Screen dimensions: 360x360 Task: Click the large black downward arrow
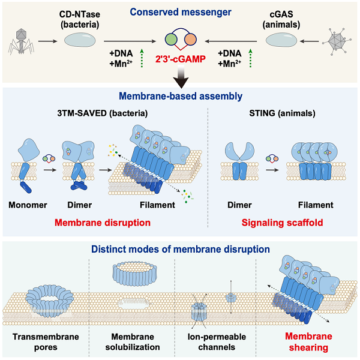click(179, 79)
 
